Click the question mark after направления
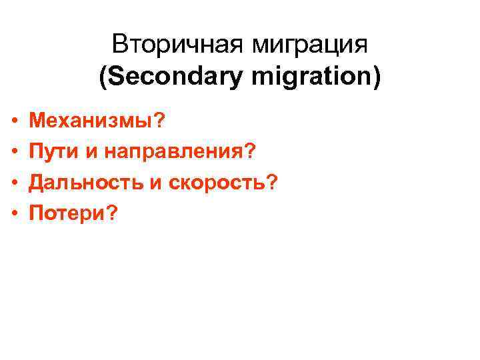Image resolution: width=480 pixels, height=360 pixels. pos(251,152)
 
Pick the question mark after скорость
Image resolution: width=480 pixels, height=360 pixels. pos(271,182)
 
